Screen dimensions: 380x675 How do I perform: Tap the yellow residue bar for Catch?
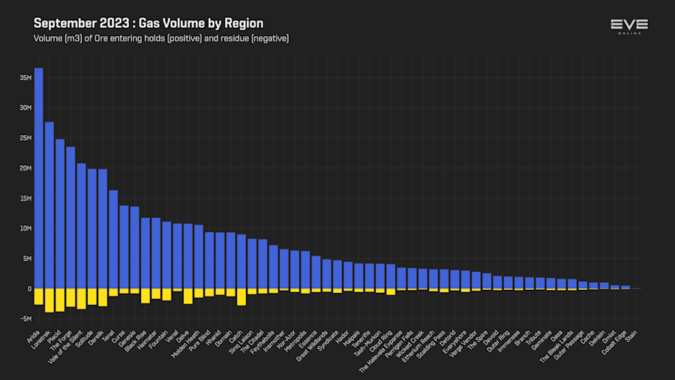(241, 297)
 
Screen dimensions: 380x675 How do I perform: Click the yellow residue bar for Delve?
(188, 296)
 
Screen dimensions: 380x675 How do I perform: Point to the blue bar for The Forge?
(70, 218)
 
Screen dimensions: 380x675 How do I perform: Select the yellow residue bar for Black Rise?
(145, 295)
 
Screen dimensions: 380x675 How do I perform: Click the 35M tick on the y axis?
(25, 77)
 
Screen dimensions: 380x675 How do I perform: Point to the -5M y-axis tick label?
(25, 318)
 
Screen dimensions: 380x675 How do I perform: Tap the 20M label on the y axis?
(25, 168)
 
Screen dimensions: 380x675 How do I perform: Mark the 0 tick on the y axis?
(28, 288)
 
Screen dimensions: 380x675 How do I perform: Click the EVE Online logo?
(629, 26)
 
